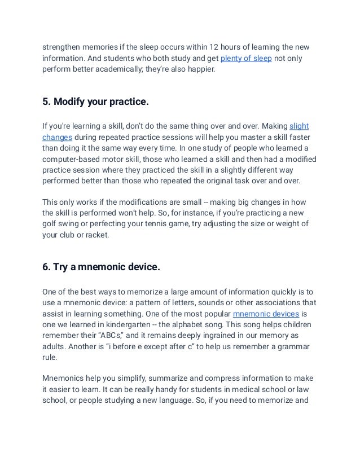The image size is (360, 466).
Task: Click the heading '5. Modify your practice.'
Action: pyautogui.click(x=96, y=102)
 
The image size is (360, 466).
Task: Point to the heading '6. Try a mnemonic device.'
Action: pyautogui.click(x=102, y=268)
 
